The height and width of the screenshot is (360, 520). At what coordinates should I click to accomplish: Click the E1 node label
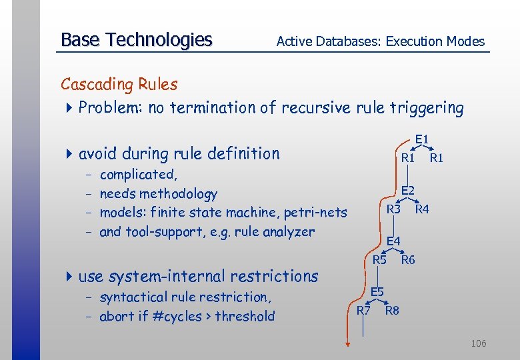click(x=421, y=139)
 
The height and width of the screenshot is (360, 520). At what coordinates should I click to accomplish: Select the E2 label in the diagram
click(x=407, y=191)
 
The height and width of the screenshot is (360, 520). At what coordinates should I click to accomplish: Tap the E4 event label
click(x=393, y=241)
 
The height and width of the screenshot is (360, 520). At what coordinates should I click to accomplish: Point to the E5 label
click(x=377, y=292)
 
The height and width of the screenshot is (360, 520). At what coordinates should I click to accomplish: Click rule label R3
click(x=394, y=209)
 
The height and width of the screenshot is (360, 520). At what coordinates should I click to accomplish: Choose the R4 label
click(x=422, y=209)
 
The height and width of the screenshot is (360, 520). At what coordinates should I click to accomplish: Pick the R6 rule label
click(x=408, y=260)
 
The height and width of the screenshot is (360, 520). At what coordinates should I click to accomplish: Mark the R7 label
click(x=363, y=311)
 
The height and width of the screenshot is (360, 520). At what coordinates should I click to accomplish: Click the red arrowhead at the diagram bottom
click(x=347, y=343)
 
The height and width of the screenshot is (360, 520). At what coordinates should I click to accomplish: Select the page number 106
click(x=478, y=343)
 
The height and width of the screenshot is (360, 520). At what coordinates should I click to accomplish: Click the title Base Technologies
click(x=136, y=40)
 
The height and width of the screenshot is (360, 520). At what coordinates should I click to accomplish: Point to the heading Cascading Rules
click(x=119, y=85)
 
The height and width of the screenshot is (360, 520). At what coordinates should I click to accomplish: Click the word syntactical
click(x=133, y=297)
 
